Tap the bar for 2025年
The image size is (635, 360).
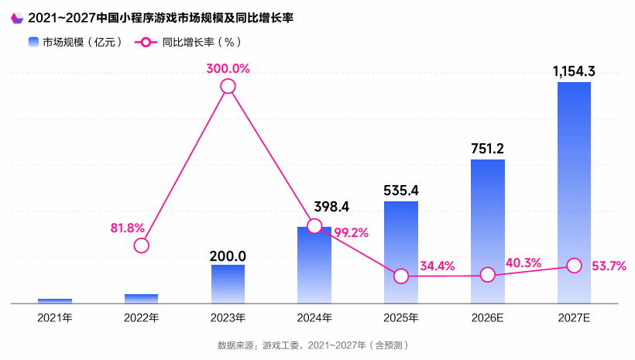coord(401,252)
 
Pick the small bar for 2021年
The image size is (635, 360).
coord(55,300)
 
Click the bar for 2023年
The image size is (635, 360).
coord(228,283)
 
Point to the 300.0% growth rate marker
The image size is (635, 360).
coord(228,87)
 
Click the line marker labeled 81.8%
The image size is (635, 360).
coord(141,245)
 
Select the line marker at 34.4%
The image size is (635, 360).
coord(401,276)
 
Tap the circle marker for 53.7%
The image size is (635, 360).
coord(574,265)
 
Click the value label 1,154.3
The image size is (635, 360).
coord(574,71)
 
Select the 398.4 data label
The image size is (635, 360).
coord(331,207)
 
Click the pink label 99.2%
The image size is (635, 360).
coord(351,231)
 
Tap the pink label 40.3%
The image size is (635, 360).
coord(523,263)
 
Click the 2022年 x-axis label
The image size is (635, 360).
coord(141,317)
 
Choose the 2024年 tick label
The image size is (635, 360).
coord(314,317)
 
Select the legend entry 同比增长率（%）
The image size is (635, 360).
coord(190,43)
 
